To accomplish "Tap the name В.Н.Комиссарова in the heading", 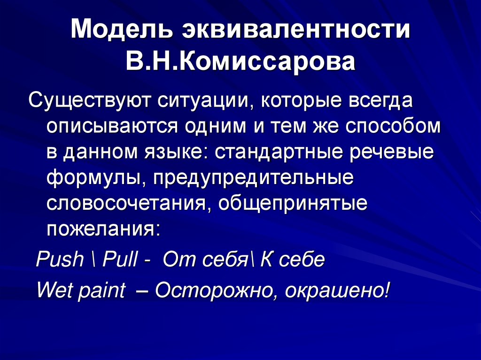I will [240, 61].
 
